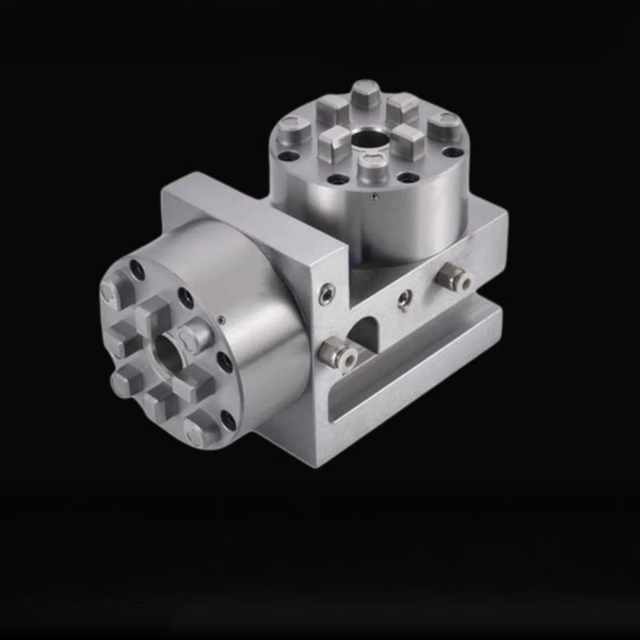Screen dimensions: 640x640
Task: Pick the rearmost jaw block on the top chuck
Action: (366, 92)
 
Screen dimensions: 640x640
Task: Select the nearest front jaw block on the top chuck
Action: (370, 170)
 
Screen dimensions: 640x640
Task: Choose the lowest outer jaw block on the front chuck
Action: (198, 431)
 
